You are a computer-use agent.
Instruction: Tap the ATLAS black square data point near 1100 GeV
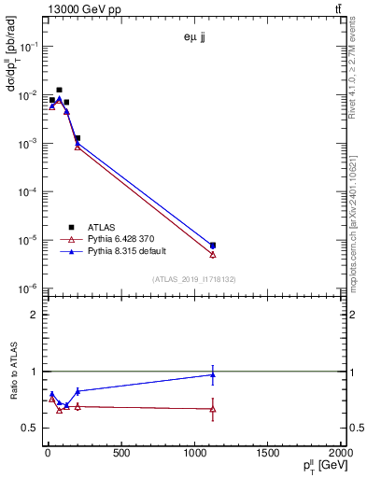[x=213, y=246]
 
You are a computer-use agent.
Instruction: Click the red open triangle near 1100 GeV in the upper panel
[x=213, y=254]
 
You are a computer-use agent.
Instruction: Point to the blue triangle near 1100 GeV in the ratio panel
[x=213, y=375]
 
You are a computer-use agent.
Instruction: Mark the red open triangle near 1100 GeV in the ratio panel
[x=213, y=409]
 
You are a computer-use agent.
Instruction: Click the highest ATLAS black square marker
[x=59, y=91]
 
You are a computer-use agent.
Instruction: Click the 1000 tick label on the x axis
[x=193, y=455]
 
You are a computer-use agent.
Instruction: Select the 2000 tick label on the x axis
[x=340, y=455]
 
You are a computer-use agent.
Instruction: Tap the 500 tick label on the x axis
[x=120, y=455]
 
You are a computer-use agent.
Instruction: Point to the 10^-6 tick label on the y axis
[x=27, y=288]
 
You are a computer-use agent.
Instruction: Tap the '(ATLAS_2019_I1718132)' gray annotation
[x=194, y=278]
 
